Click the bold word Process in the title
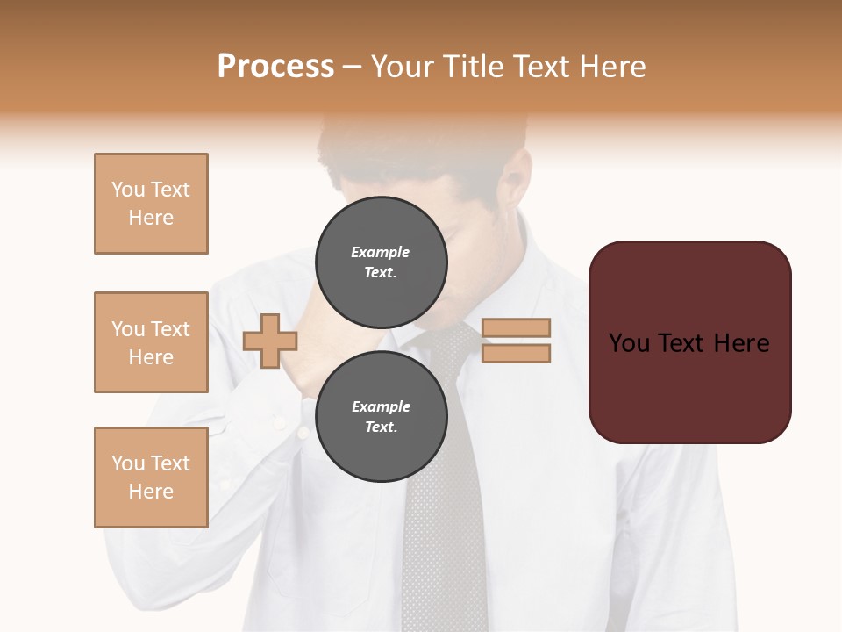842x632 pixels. coord(275,67)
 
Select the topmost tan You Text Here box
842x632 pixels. coord(151,204)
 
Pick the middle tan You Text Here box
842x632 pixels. coord(151,342)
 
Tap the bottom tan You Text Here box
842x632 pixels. coord(151,478)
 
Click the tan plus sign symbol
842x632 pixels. coord(269,341)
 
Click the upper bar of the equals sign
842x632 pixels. coord(516,327)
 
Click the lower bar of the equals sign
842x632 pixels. coord(516,353)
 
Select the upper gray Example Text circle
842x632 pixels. coord(381,262)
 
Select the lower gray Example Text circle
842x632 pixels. coord(381,417)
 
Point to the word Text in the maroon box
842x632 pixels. coord(683,343)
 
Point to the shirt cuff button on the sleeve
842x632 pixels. coord(280,423)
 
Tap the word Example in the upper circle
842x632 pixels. coord(380,252)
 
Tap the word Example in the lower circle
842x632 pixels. coord(381,406)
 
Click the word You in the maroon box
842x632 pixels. coord(629,343)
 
